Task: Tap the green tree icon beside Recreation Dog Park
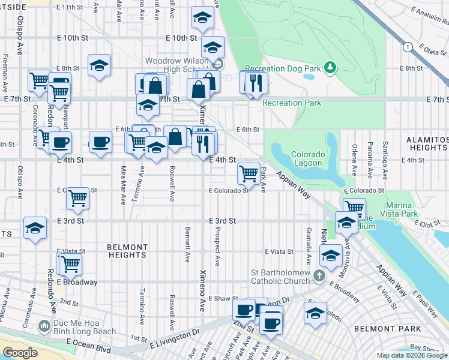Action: [x=330, y=68]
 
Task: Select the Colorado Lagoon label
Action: [x=309, y=158]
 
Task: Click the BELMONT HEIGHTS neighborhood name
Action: [x=127, y=251]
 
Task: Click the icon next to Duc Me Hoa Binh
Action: [x=43, y=326]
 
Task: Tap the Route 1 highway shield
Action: [x=408, y=47]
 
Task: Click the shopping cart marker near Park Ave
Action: [x=249, y=174]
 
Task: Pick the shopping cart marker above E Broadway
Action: [x=69, y=263]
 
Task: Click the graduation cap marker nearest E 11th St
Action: [x=203, y=19]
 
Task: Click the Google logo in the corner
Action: [x=20, y=352]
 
